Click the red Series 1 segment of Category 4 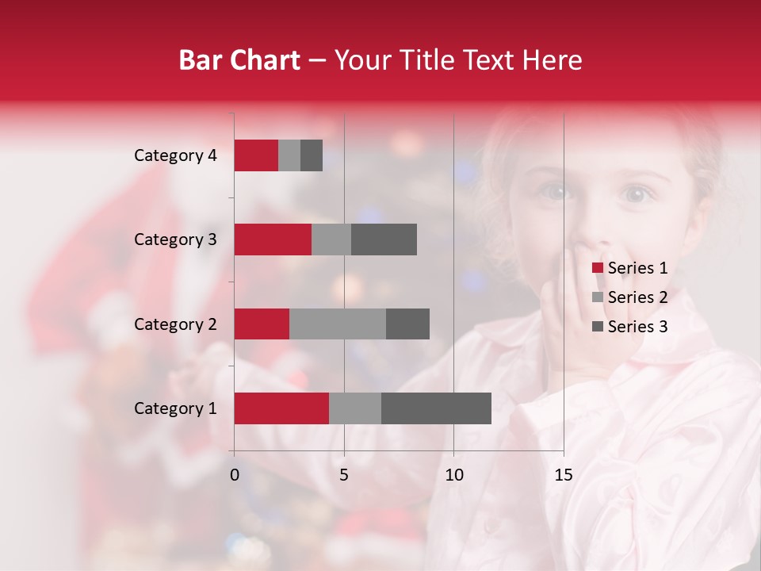256,155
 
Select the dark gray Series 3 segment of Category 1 436,408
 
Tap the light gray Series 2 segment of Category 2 338,324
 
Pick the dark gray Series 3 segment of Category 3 384,240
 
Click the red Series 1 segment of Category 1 281,408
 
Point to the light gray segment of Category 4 289,155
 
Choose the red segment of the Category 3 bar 273,240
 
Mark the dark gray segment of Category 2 407,324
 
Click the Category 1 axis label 175,408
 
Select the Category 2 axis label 175,324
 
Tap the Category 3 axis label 175,240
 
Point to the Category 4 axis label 175,155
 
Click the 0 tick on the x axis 235,475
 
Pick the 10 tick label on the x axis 453,475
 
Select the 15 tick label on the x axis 563,475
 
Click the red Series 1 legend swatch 597,268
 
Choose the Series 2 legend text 637,297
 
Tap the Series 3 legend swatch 597,327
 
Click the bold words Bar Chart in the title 239,60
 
